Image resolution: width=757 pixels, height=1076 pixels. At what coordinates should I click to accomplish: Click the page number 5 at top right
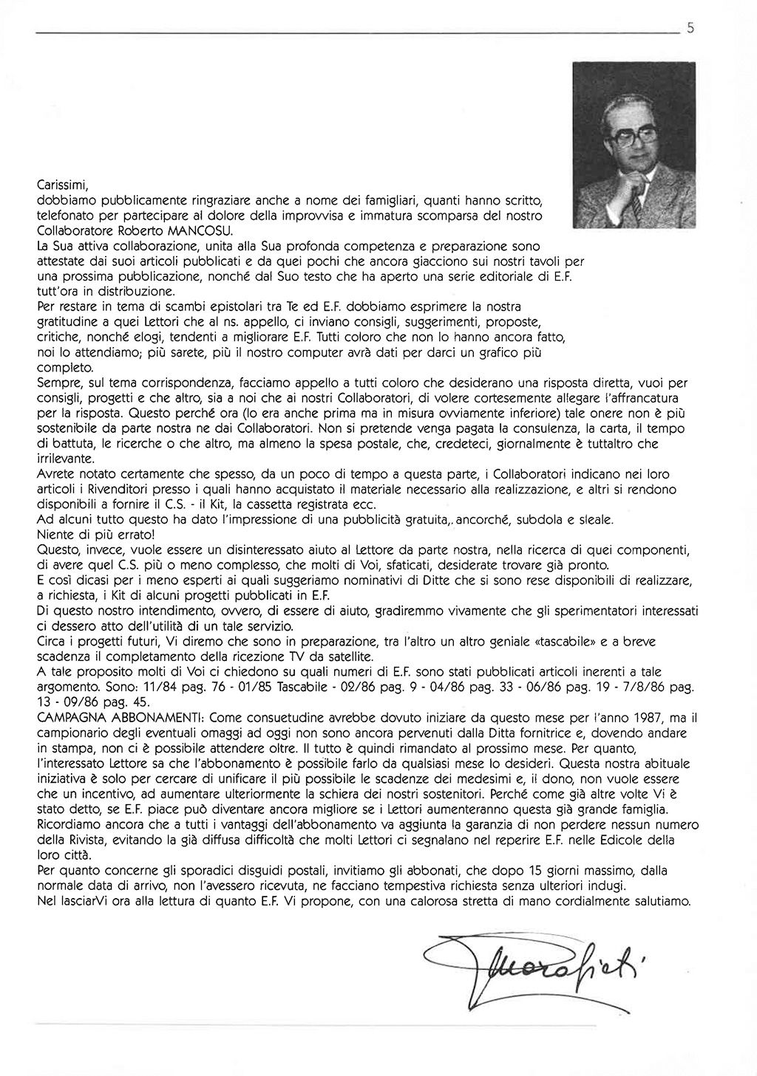click(690, 30)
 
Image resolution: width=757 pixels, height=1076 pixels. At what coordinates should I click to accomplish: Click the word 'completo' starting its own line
click(65, 367)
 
